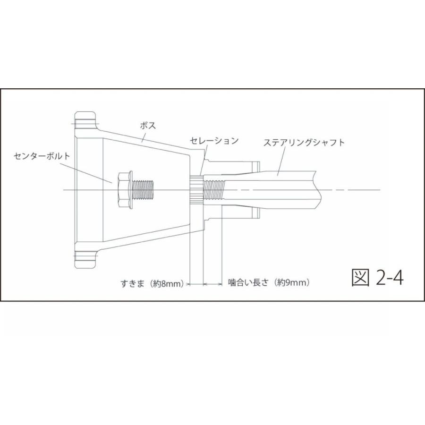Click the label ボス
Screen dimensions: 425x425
coord(148,126)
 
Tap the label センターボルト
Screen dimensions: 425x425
coord(42,155)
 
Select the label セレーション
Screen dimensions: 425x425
coord(214,141)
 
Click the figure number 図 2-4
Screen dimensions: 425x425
coord(377,278)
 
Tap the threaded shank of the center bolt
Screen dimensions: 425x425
coord(144,190)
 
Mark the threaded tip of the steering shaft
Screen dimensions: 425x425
coord(215,190)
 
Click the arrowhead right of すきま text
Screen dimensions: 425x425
coord(187,284)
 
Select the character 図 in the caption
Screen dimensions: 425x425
coord(360,278)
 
